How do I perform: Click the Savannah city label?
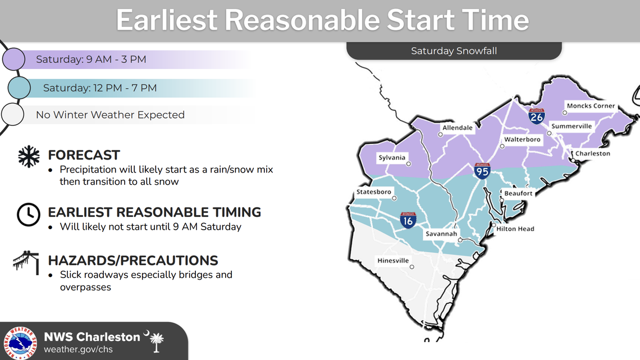coord(441,234)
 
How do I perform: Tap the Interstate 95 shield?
coord(482,171)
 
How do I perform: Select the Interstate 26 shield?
coord(537,116)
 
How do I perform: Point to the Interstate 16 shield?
coord(408,220)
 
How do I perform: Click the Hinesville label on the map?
coord(393,261)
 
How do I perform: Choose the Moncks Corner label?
coord(591,106)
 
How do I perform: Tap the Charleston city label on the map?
coord(592,153)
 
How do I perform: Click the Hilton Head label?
coord(515,229)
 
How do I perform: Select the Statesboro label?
coord(374,192)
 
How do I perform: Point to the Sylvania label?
coord(391,158)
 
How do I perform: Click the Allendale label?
coord(458,127)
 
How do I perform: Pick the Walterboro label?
coord(522,139)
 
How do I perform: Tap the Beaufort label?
coord(518,193)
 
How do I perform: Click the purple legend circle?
coord(14,59)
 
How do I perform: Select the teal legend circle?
coord(19,88)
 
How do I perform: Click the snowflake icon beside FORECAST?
coord(29,157)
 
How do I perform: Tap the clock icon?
coord(28,215)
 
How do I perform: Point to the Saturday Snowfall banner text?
coord(454,51)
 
